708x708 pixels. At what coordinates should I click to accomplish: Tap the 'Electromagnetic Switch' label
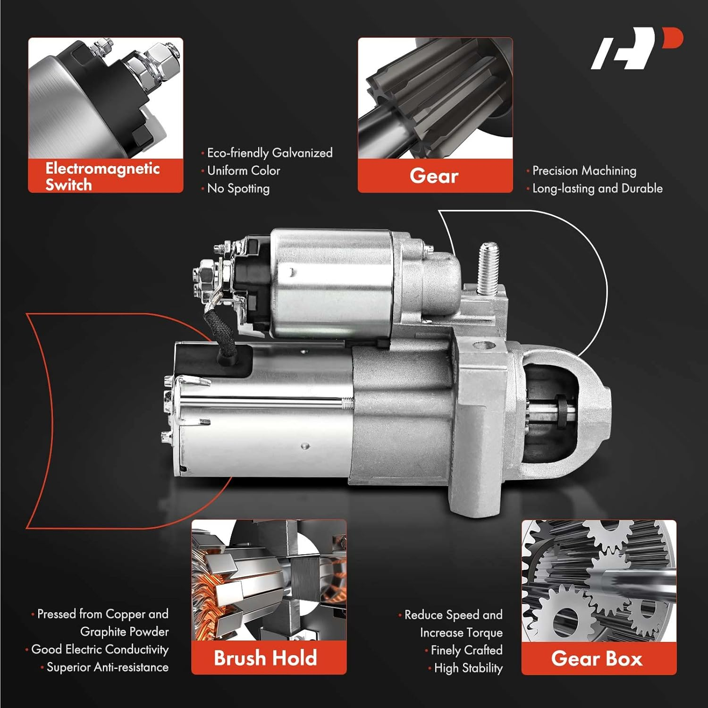coord(103,176)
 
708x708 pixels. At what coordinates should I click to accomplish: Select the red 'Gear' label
coord(434,176)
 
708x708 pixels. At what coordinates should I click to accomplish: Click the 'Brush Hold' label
coord(265,658)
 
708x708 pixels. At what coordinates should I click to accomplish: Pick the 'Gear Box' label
coord(597,658)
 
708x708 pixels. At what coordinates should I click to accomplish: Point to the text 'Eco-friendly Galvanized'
coord(270,153)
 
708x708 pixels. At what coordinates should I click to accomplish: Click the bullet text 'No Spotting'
coord(238,188)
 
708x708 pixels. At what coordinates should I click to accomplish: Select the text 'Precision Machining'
coord(584,170)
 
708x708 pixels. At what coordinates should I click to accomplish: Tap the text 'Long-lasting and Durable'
coord(597,188)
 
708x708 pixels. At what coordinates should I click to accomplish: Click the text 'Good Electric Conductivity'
coord(100,649)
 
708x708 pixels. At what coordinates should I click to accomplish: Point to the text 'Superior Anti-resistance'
coord(107,667)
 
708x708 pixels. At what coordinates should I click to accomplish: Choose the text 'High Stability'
coord(468,668)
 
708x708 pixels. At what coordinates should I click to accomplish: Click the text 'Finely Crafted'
coord(466,650)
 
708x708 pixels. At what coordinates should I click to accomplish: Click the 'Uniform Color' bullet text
coord(244,170)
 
